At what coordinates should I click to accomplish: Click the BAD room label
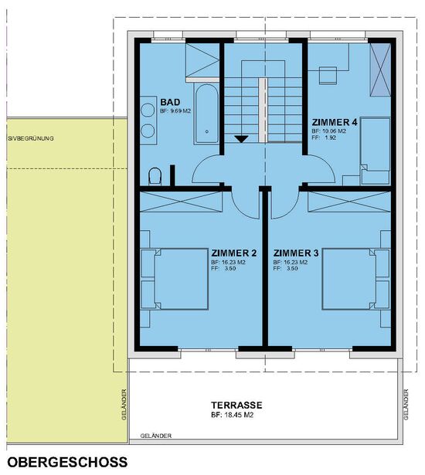(170, 102)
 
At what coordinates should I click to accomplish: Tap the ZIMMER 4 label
(335, 122)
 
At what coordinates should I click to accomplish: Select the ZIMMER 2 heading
(234, 253)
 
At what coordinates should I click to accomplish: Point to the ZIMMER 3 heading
(296, 253)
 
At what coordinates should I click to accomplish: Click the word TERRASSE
(236, 405)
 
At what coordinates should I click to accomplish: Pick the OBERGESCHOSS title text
(67, 463)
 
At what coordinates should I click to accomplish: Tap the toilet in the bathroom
(155, 176)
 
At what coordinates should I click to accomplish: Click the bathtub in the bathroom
(206, 114)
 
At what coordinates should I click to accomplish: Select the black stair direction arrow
(241, 139)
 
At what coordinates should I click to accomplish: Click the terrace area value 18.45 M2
(238, 416)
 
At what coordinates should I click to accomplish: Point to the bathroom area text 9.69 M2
(181, 111)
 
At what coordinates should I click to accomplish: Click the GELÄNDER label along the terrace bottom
(156, 436)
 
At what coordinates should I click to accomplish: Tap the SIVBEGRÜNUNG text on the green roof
(31, 138)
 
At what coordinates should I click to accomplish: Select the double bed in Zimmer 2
(175, 279)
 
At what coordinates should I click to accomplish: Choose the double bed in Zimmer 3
(356, 279)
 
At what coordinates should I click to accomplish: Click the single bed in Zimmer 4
(376, 151)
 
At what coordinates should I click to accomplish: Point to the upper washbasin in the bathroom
(148, 110)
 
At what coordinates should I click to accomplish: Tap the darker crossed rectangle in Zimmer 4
(380, 70)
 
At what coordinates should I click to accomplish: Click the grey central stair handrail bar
(263, 110)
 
